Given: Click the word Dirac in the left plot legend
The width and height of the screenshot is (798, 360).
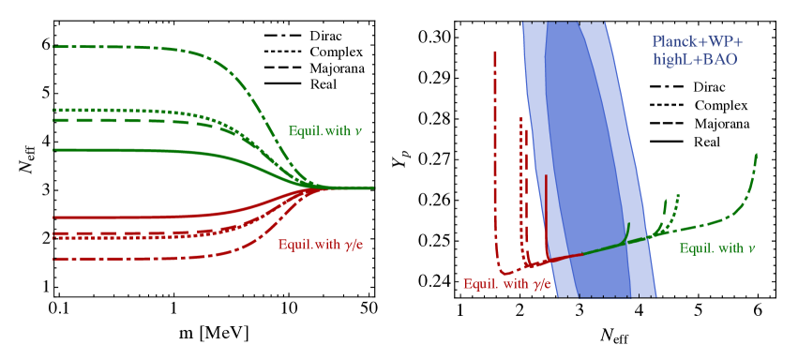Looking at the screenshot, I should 325,37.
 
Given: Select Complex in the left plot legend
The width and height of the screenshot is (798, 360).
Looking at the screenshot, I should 335,52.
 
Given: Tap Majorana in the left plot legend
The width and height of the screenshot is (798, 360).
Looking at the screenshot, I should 337,68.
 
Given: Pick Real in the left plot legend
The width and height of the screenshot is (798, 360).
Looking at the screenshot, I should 324,83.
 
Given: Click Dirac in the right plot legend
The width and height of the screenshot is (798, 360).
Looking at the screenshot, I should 710,87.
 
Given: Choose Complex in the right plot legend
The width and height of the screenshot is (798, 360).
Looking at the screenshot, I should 720,106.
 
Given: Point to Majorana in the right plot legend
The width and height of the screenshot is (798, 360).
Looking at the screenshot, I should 721,124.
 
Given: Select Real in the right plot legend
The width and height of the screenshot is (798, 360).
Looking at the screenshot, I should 707,142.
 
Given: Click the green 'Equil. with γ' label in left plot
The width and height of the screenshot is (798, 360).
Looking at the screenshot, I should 324,130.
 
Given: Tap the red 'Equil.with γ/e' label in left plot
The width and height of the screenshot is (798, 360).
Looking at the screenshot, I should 320,245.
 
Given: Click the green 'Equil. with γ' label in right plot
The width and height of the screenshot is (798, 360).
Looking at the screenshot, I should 716,247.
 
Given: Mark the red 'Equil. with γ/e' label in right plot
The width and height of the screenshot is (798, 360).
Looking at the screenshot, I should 507,283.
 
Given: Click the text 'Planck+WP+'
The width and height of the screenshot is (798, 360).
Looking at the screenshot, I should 697,42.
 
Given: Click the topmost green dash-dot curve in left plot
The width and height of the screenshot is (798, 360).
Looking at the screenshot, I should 141,47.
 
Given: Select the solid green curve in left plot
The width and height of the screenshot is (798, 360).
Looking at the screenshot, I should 141,150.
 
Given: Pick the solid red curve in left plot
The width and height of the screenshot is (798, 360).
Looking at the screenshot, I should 141,217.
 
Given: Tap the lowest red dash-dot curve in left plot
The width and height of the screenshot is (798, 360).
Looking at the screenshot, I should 141,258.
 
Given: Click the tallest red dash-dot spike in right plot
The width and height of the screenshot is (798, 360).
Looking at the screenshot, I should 494,141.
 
